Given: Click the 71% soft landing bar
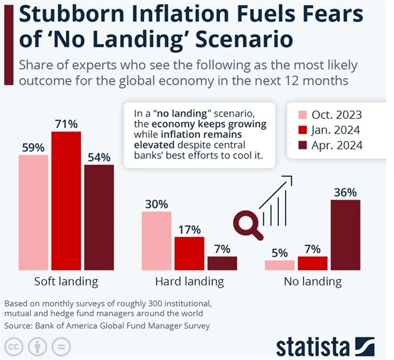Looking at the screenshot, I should point(66,201).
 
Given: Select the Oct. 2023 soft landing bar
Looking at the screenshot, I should point(33,212).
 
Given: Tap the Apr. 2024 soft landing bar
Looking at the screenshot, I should point(99,217).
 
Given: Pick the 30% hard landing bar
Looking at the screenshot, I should point(157,241).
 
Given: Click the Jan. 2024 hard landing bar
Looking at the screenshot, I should point(189,254).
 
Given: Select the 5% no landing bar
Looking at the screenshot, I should point(280,265).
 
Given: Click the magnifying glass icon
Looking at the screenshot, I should point(247,219).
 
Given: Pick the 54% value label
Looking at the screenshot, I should point(99,157).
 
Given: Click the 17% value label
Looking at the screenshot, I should point(189,230).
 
